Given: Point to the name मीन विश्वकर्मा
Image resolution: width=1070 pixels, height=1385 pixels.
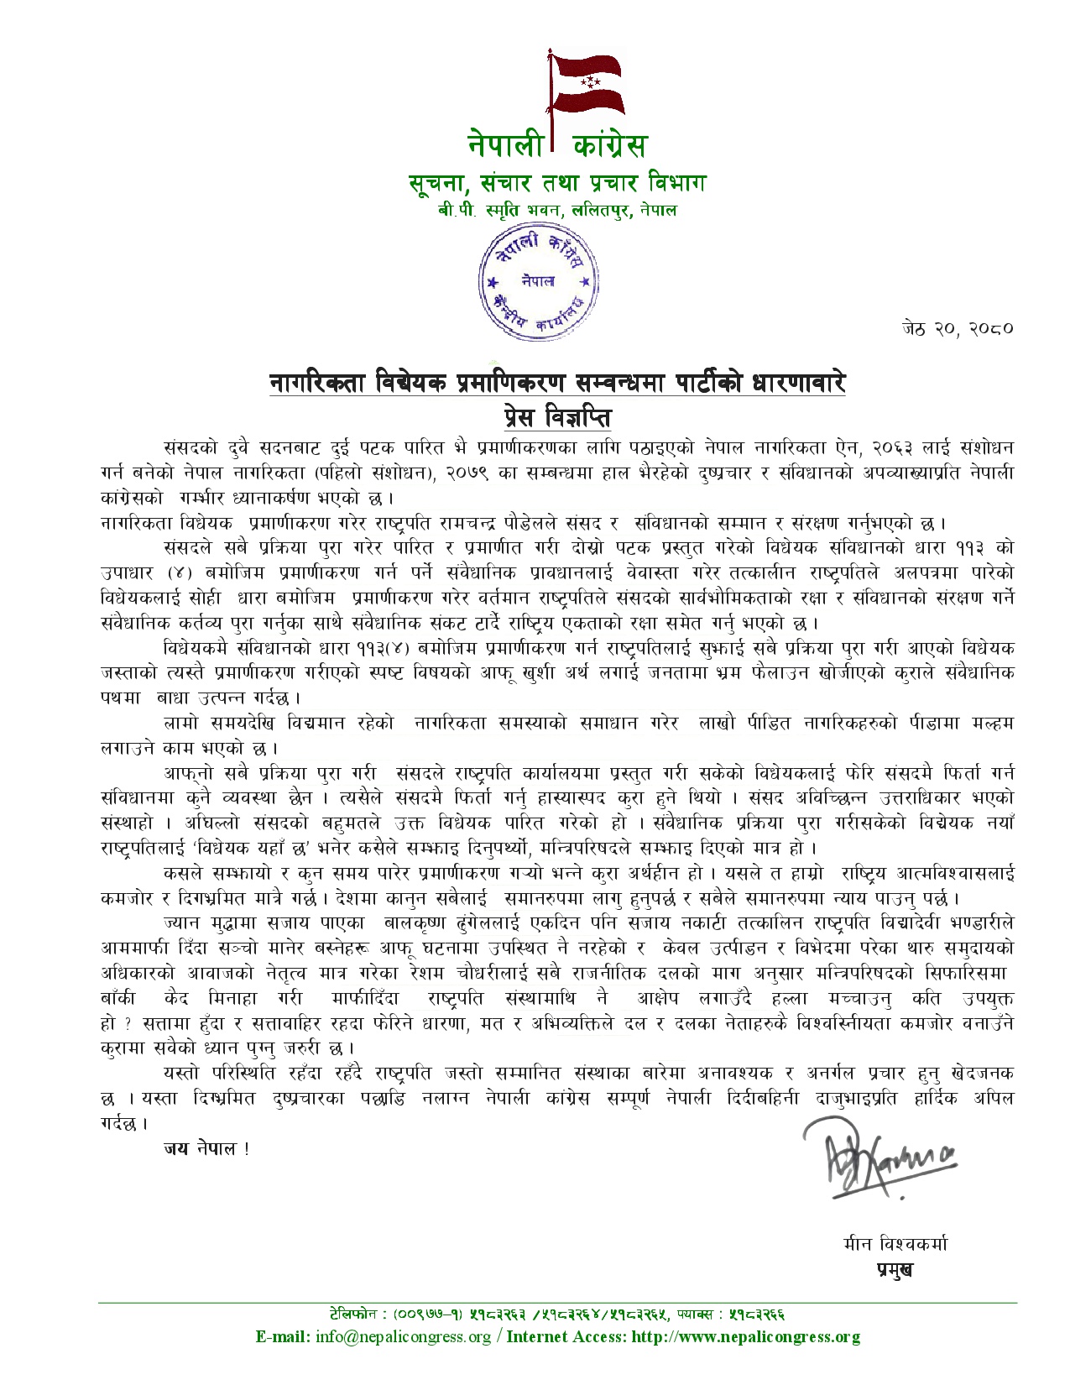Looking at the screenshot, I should pos(895,1243).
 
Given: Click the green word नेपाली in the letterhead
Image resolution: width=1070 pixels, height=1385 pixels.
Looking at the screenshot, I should pos(506,145).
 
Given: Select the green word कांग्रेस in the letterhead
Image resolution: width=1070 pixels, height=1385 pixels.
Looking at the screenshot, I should pos(609,145).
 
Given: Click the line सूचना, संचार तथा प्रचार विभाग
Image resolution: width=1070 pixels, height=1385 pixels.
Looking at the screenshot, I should pos(557,182).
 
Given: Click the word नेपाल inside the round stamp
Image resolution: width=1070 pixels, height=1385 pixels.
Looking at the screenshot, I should pos(537,280).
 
